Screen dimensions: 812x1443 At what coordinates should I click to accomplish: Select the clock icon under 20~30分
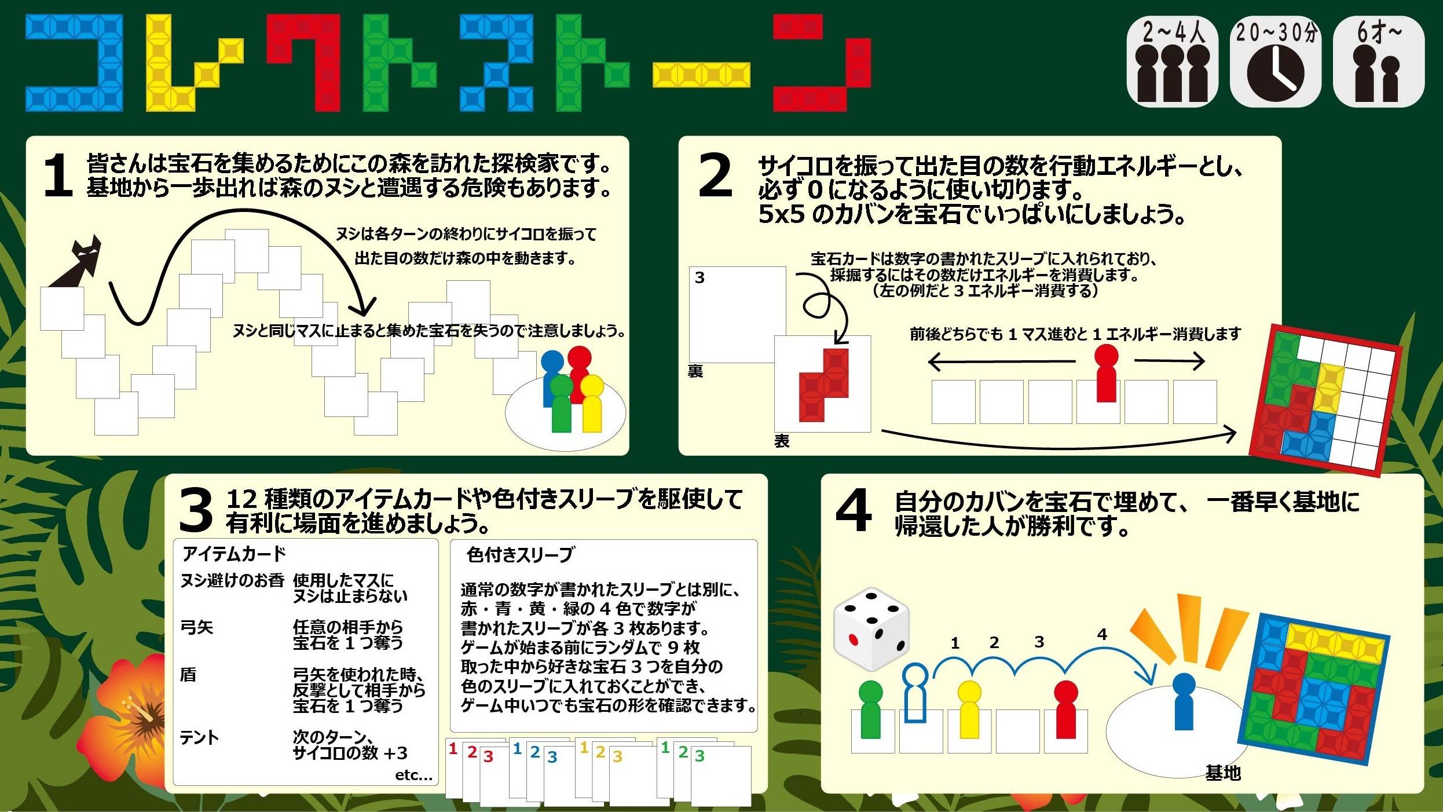pos(1275,74)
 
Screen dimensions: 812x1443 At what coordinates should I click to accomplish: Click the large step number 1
pos(58,175)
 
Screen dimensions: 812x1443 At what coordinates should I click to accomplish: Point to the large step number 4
pos(854,510)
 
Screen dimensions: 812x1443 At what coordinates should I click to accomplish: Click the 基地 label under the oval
pos(1223,773)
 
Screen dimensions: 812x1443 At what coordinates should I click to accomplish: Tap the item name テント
pos(200,738)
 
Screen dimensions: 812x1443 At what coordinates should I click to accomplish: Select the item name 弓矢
pos(197,628)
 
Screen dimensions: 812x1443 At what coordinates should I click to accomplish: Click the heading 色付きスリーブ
pos(520,555)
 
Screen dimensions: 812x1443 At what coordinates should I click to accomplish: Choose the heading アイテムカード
pos(234,554)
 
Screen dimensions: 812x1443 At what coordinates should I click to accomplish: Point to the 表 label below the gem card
pos(782,441)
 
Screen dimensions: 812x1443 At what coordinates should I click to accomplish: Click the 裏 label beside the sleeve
pos(695,371)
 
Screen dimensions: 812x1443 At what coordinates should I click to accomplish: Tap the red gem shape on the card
pos(824,385)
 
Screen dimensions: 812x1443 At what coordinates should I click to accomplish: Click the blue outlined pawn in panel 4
pos(915,693)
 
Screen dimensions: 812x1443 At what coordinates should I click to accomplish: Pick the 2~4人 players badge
pos(1172,62)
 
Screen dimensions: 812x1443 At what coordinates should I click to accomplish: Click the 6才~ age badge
pos(1378,62)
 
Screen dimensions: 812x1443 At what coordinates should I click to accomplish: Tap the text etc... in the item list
pos(413,776)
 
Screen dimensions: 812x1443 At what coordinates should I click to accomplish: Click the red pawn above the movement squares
pos(1106,373)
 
